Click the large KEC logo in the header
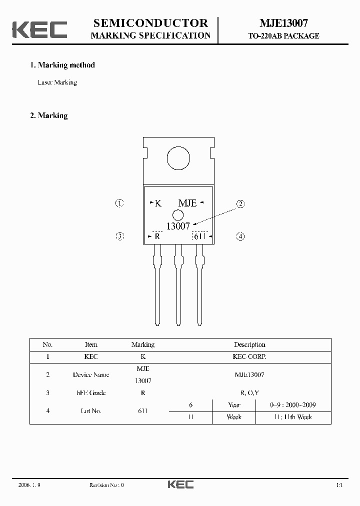39,29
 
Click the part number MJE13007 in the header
283,23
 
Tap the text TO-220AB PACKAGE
283,36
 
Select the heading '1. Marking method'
62,65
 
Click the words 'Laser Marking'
57,82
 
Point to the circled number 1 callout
119,203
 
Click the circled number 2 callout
240,203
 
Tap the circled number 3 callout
119,236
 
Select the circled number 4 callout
240,236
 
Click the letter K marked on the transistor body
157,203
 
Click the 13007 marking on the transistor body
178,226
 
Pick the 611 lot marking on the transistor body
200,236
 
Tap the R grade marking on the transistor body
157,236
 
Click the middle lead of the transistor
178,285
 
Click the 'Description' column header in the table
249,344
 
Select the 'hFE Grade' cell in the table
91,393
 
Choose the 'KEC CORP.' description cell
249,357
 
